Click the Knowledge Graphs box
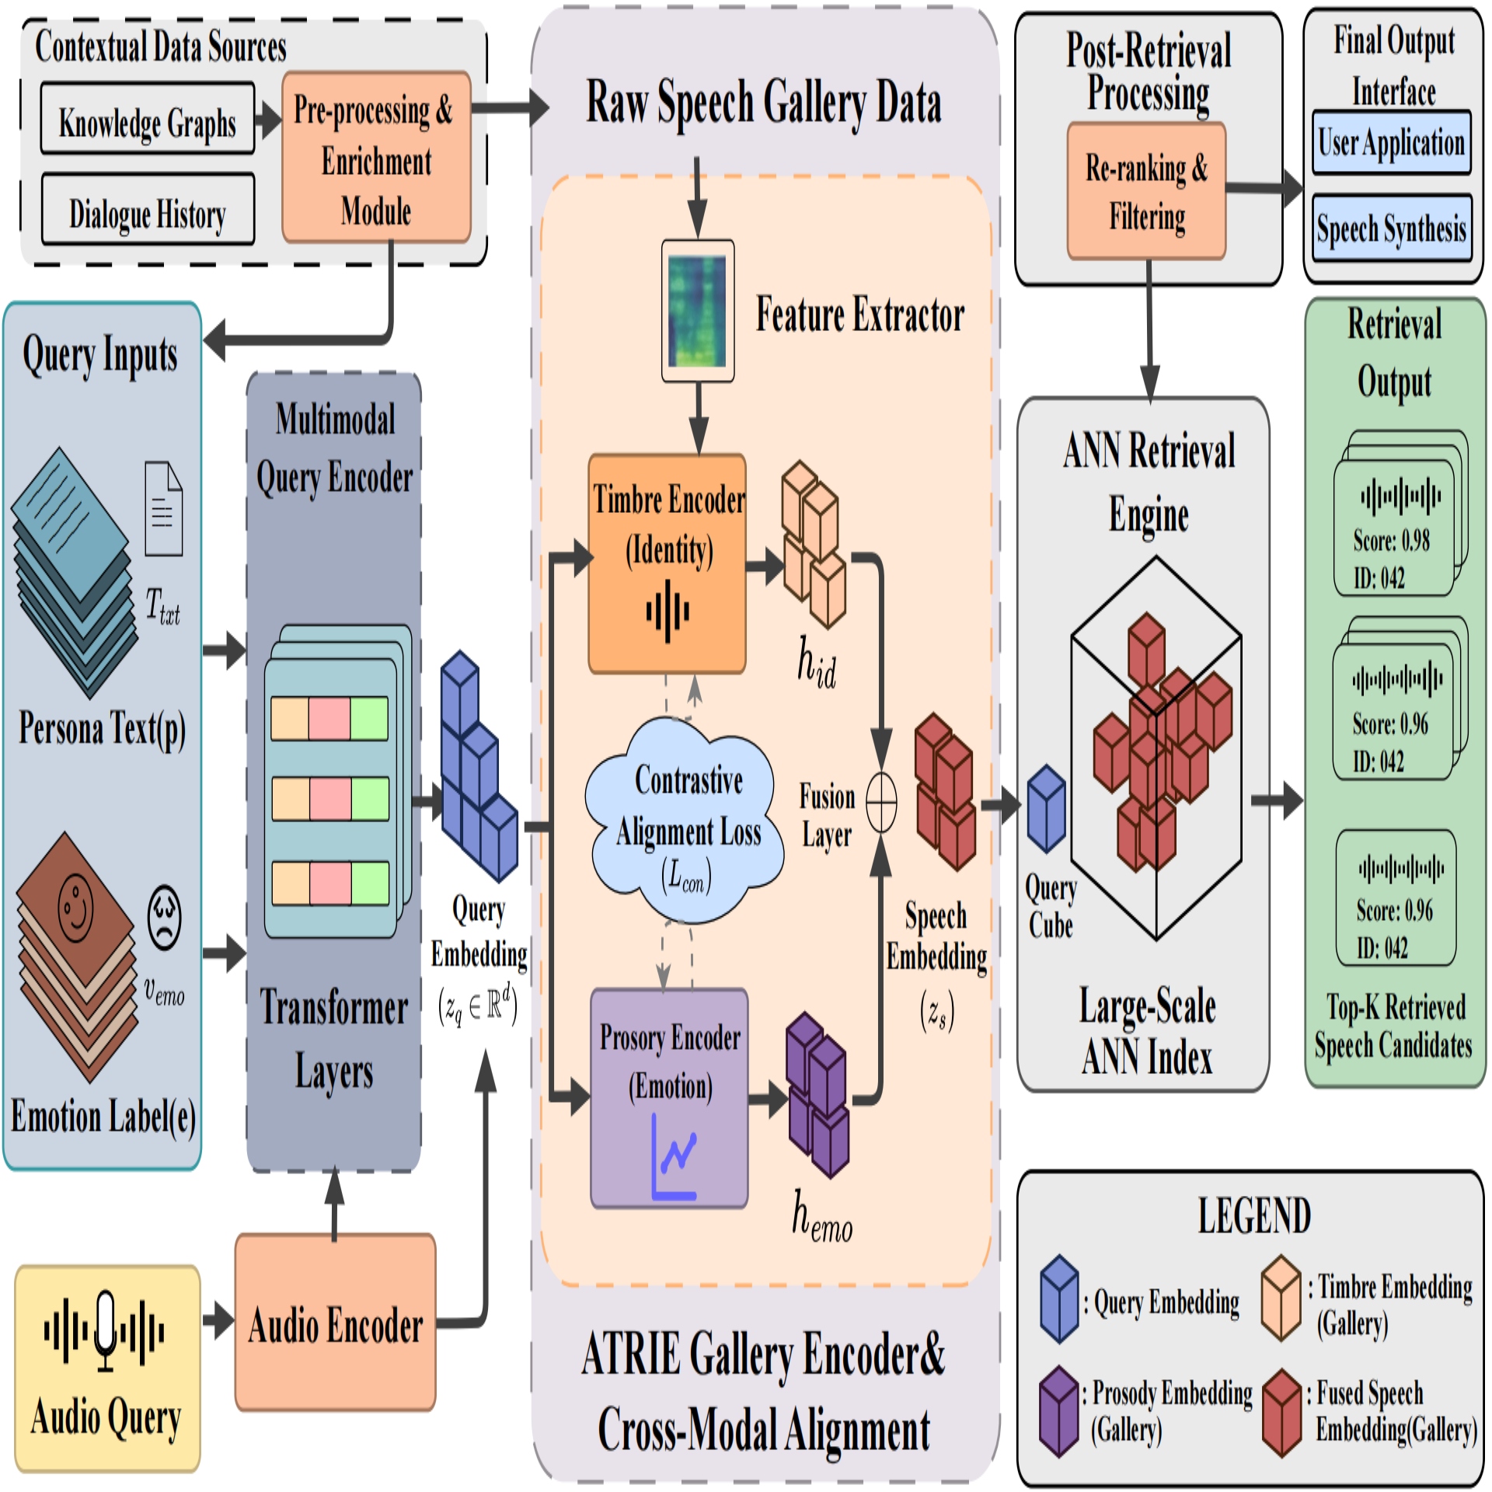(148, 119)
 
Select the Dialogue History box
(148, 210)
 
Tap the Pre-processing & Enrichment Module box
(376, 158)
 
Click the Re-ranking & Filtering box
(1146, 190)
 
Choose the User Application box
(1391, 142)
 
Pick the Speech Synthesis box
(1391, 228)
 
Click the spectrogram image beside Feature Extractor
(698, 311)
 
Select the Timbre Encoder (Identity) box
(668, 563)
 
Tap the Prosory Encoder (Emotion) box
(669, 1099)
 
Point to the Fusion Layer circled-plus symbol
(881, 803)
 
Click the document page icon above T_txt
(164, 509)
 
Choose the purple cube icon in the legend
(1059, 1411)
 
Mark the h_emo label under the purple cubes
(821, 1217)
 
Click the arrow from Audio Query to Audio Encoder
(218, 1321)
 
